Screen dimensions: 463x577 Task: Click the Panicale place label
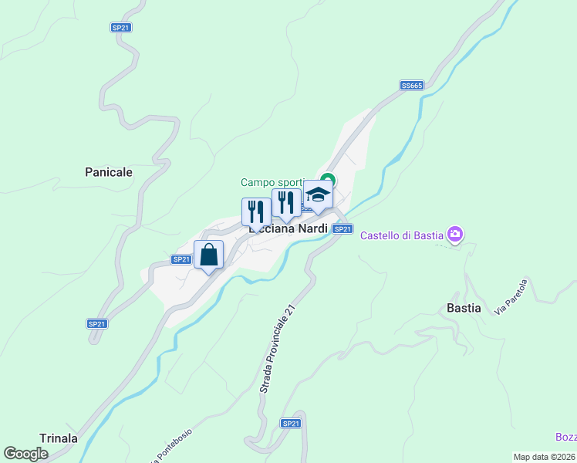(x=109, y=172)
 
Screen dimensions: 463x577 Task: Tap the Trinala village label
(x=59, y=438)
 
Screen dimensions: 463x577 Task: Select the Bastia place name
(x=464, y=308)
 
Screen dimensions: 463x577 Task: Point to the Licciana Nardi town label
(x=288, y=228)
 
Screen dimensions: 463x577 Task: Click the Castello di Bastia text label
(x=403, y=234)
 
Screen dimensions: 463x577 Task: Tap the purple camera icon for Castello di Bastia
(x=455, y=233)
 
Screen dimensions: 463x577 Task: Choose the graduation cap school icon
(x=317, y=194)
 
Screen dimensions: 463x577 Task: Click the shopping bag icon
(x=209, y=255)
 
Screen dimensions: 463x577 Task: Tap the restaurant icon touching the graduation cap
(x=286, y=203)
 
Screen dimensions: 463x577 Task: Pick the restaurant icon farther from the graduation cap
(x=256, y=212)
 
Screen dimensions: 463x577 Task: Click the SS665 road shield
(x=411, y=85)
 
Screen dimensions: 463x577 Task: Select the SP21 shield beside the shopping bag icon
(x=181, y=259)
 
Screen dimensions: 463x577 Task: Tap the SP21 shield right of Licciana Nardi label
(x=343, y=229)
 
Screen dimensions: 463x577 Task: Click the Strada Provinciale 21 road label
(x=278, y=350)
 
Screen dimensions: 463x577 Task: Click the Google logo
(x=25, y=453)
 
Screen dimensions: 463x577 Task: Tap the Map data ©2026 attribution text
(x=545, y=457)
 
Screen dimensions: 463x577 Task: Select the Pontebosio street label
(x=173, y=445)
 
